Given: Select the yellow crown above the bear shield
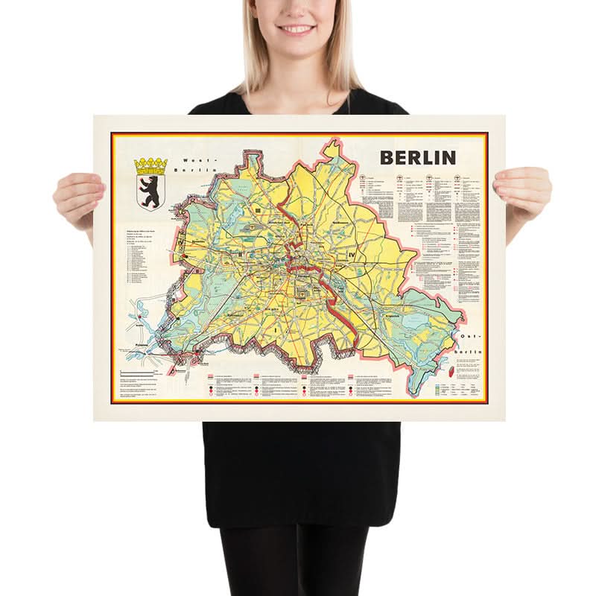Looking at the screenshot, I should point(151,165).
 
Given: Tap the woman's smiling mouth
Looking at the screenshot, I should point(297,29).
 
